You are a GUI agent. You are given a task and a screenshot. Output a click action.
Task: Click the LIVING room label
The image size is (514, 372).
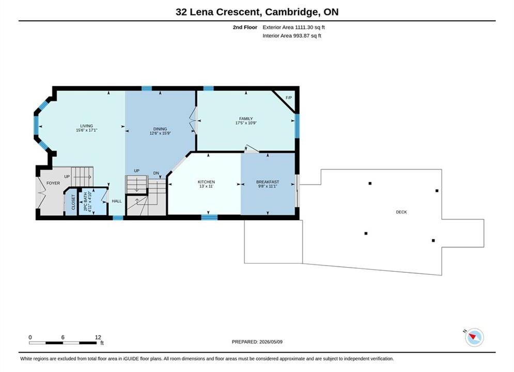87,126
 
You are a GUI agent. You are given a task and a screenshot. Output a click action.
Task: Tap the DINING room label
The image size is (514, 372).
160,129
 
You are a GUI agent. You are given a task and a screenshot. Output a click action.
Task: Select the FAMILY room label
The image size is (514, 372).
246,119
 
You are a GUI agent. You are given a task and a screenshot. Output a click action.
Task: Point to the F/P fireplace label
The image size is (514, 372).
288,98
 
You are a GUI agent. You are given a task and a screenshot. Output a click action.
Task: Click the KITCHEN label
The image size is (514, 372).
206,182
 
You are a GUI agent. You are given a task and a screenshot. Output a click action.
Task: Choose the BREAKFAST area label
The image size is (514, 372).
268,182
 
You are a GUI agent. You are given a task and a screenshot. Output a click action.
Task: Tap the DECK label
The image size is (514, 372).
401,212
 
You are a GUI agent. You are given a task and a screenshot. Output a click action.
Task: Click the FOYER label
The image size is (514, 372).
53,183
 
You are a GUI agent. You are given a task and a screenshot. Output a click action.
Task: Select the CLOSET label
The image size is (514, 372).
73,202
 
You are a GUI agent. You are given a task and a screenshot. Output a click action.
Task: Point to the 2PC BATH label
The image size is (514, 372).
85,202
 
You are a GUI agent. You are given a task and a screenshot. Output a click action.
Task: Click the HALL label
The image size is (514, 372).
117,201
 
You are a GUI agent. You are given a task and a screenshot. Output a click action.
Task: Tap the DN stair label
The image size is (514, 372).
156,173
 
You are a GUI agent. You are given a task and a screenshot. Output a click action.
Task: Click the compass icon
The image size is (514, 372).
474,337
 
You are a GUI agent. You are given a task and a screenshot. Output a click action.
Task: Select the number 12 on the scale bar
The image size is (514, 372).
98,337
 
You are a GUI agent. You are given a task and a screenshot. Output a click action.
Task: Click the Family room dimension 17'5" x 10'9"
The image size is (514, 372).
246,123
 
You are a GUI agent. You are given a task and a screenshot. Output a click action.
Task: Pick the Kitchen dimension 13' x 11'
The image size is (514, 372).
206,186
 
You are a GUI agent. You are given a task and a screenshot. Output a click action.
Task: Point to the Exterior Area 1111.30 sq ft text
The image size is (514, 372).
294,27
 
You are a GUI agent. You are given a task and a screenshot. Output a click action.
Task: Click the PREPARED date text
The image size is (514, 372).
257,342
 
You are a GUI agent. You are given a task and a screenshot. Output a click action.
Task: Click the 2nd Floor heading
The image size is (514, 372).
245,27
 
